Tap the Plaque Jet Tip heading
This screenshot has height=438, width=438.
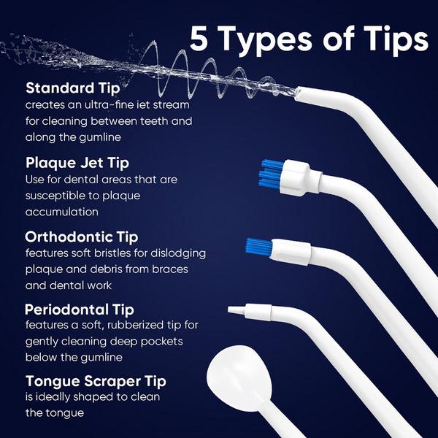click(77, 163)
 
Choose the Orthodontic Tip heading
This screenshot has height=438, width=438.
click(81, 237)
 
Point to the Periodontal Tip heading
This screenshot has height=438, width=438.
click(79, 309)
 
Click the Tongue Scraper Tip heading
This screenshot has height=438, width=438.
click(96, 381)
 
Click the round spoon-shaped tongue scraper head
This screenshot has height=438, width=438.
click(240, 380)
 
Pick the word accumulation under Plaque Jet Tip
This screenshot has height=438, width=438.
click(61, 212)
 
